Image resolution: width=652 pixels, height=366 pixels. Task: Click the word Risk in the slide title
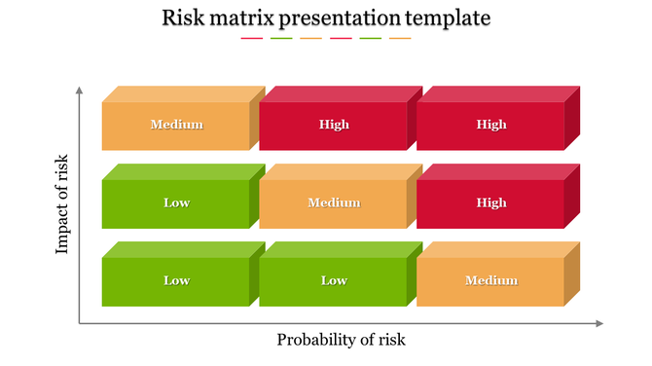coord(183,18)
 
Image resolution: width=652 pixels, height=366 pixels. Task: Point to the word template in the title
coord(452,18)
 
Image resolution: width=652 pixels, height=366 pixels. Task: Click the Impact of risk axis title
coord(62,203)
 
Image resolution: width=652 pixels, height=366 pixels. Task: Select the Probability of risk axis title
coord(341,340)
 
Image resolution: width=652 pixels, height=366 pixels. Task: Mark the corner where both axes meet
coord(80,323)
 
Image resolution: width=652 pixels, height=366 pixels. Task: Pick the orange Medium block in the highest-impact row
coord(176,125)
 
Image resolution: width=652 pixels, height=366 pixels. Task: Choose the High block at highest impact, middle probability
coord(334,125)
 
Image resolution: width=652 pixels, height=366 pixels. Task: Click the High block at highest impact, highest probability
coord(491,125)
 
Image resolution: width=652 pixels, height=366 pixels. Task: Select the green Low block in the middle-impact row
coord(176,202)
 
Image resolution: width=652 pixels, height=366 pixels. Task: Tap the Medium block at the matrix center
coord(334,202)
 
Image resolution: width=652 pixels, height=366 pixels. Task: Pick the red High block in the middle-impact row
coord(491,202)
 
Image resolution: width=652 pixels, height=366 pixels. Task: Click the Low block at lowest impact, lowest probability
coord(176,280)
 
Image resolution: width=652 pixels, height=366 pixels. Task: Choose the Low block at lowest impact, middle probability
coord(334,280)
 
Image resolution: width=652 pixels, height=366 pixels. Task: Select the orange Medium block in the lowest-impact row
coord(491,280)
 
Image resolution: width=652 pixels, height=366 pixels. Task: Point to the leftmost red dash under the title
coord(251,39)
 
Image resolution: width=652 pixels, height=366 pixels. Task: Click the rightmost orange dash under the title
coord(400,39)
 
